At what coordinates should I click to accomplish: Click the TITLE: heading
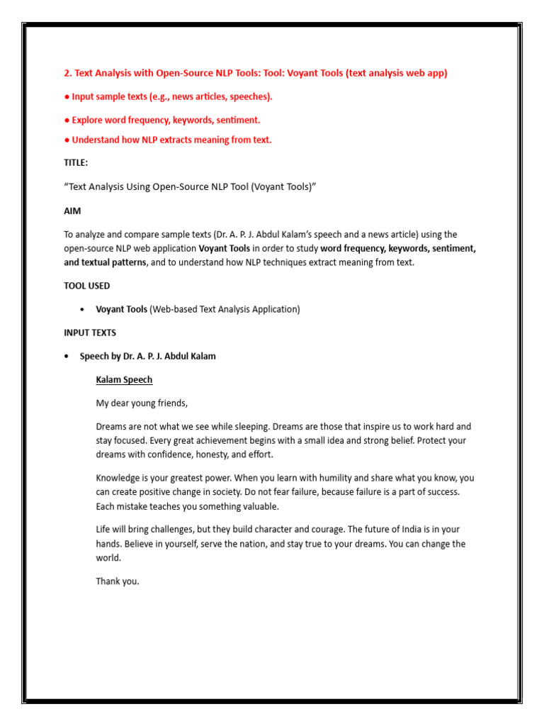[76, 163]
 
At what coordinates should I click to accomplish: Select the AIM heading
[72, 211]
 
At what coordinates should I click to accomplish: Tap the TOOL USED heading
[86, 286]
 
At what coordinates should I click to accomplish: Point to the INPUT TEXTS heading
[90, 333]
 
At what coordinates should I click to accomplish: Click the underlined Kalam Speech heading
[124, 380]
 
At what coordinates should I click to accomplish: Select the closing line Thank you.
[118, 581]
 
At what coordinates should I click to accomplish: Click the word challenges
[180, 530]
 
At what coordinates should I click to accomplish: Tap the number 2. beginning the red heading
[68, 73]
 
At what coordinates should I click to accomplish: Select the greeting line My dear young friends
[142, 403]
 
